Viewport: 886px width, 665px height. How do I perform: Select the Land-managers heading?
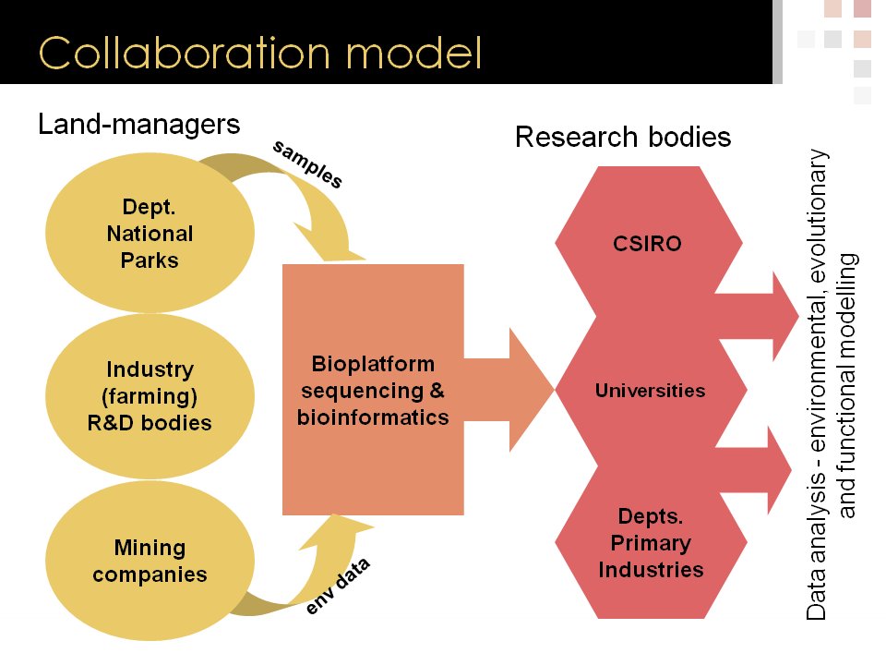(x=138, y=125)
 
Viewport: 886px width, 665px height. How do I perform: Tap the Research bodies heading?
(x=623, y=138)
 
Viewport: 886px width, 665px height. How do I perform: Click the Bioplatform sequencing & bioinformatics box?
(x=373, y=389)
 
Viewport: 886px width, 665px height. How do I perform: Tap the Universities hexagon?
(x=650, y=390)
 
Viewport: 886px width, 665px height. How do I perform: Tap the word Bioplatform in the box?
(x=373, y=363)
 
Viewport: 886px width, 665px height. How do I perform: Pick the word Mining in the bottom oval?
(x=150, y=548)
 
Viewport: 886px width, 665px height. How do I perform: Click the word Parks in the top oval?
(x=150, y=260)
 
